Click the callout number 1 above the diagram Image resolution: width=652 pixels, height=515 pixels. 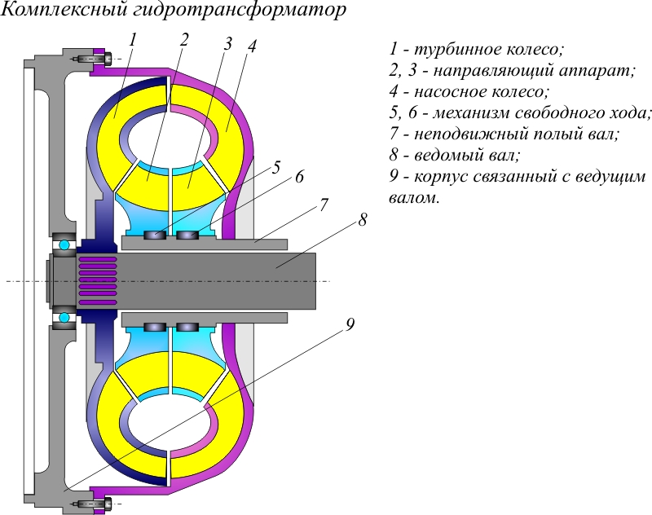[133, 38]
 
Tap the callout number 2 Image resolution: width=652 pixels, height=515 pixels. [185, 39]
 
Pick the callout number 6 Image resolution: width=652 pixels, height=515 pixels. [299, 177]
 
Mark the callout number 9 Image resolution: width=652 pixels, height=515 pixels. [350, 325]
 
